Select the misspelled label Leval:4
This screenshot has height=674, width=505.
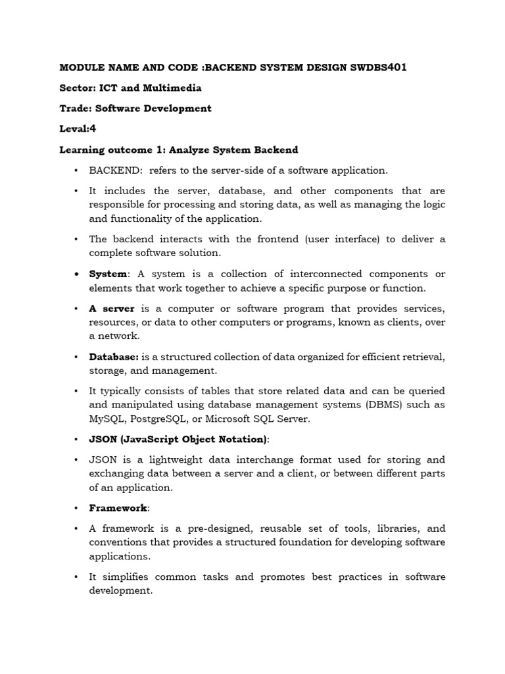pos(78,129)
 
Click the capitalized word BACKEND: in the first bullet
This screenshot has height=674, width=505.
pos(116,170)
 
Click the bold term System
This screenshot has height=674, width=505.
pos(108,274)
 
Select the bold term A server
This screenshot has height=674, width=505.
pos(112,308)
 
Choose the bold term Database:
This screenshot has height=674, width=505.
pos(114,357)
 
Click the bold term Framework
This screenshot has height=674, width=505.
pos(119,508)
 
